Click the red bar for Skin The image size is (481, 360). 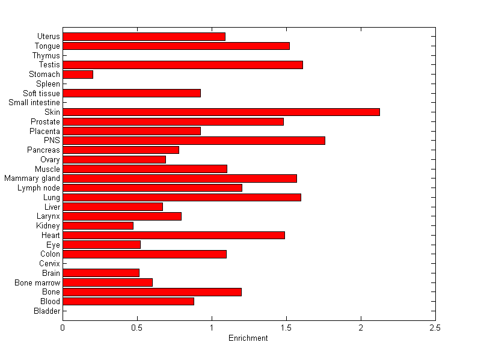[x=221, y=112]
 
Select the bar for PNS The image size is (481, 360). [x=194, y=140]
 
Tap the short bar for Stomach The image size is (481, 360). [x=78, y=75]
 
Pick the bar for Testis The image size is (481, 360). [x=183, y=65]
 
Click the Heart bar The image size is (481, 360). [x=174, y=235]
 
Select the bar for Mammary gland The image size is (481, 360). [x=180, y=178]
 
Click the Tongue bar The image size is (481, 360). [x=176, y=46]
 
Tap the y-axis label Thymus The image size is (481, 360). [x=46, y=56]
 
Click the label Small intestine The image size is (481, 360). [x=34, y=103]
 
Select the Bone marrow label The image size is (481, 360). [x=37, y=282]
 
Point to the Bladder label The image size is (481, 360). [x=47, y=311]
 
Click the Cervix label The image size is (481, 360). [x=49, y=263]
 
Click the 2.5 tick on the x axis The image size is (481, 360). [x=435, y=328]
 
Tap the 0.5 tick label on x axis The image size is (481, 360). [x=137, y=328]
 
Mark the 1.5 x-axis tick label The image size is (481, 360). [x=286, y=328]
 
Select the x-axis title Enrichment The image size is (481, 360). [x=248, y=338]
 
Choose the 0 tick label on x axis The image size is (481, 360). [x=63, y=328]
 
